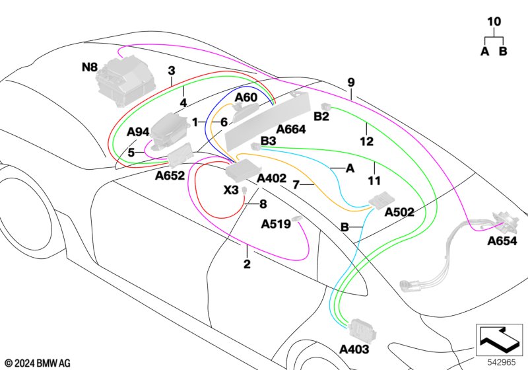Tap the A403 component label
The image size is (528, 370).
(x=354, y=348)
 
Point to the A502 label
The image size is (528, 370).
(x=399, y=211)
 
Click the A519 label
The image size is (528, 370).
(x=276, y=224)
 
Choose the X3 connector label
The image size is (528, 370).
(x=230, y=190)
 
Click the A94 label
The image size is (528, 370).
(x=139, y=131)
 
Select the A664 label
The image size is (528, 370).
(x=291, y=130)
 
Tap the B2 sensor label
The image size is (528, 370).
(x=321, y=117)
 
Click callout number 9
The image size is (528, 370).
(x=351, y=83)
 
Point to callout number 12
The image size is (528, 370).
(x=366, y=141)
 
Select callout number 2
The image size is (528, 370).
(x=247, y=265)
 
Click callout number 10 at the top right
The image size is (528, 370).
(x=494, y=22)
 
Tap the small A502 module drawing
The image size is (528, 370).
(x=380, y=200)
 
